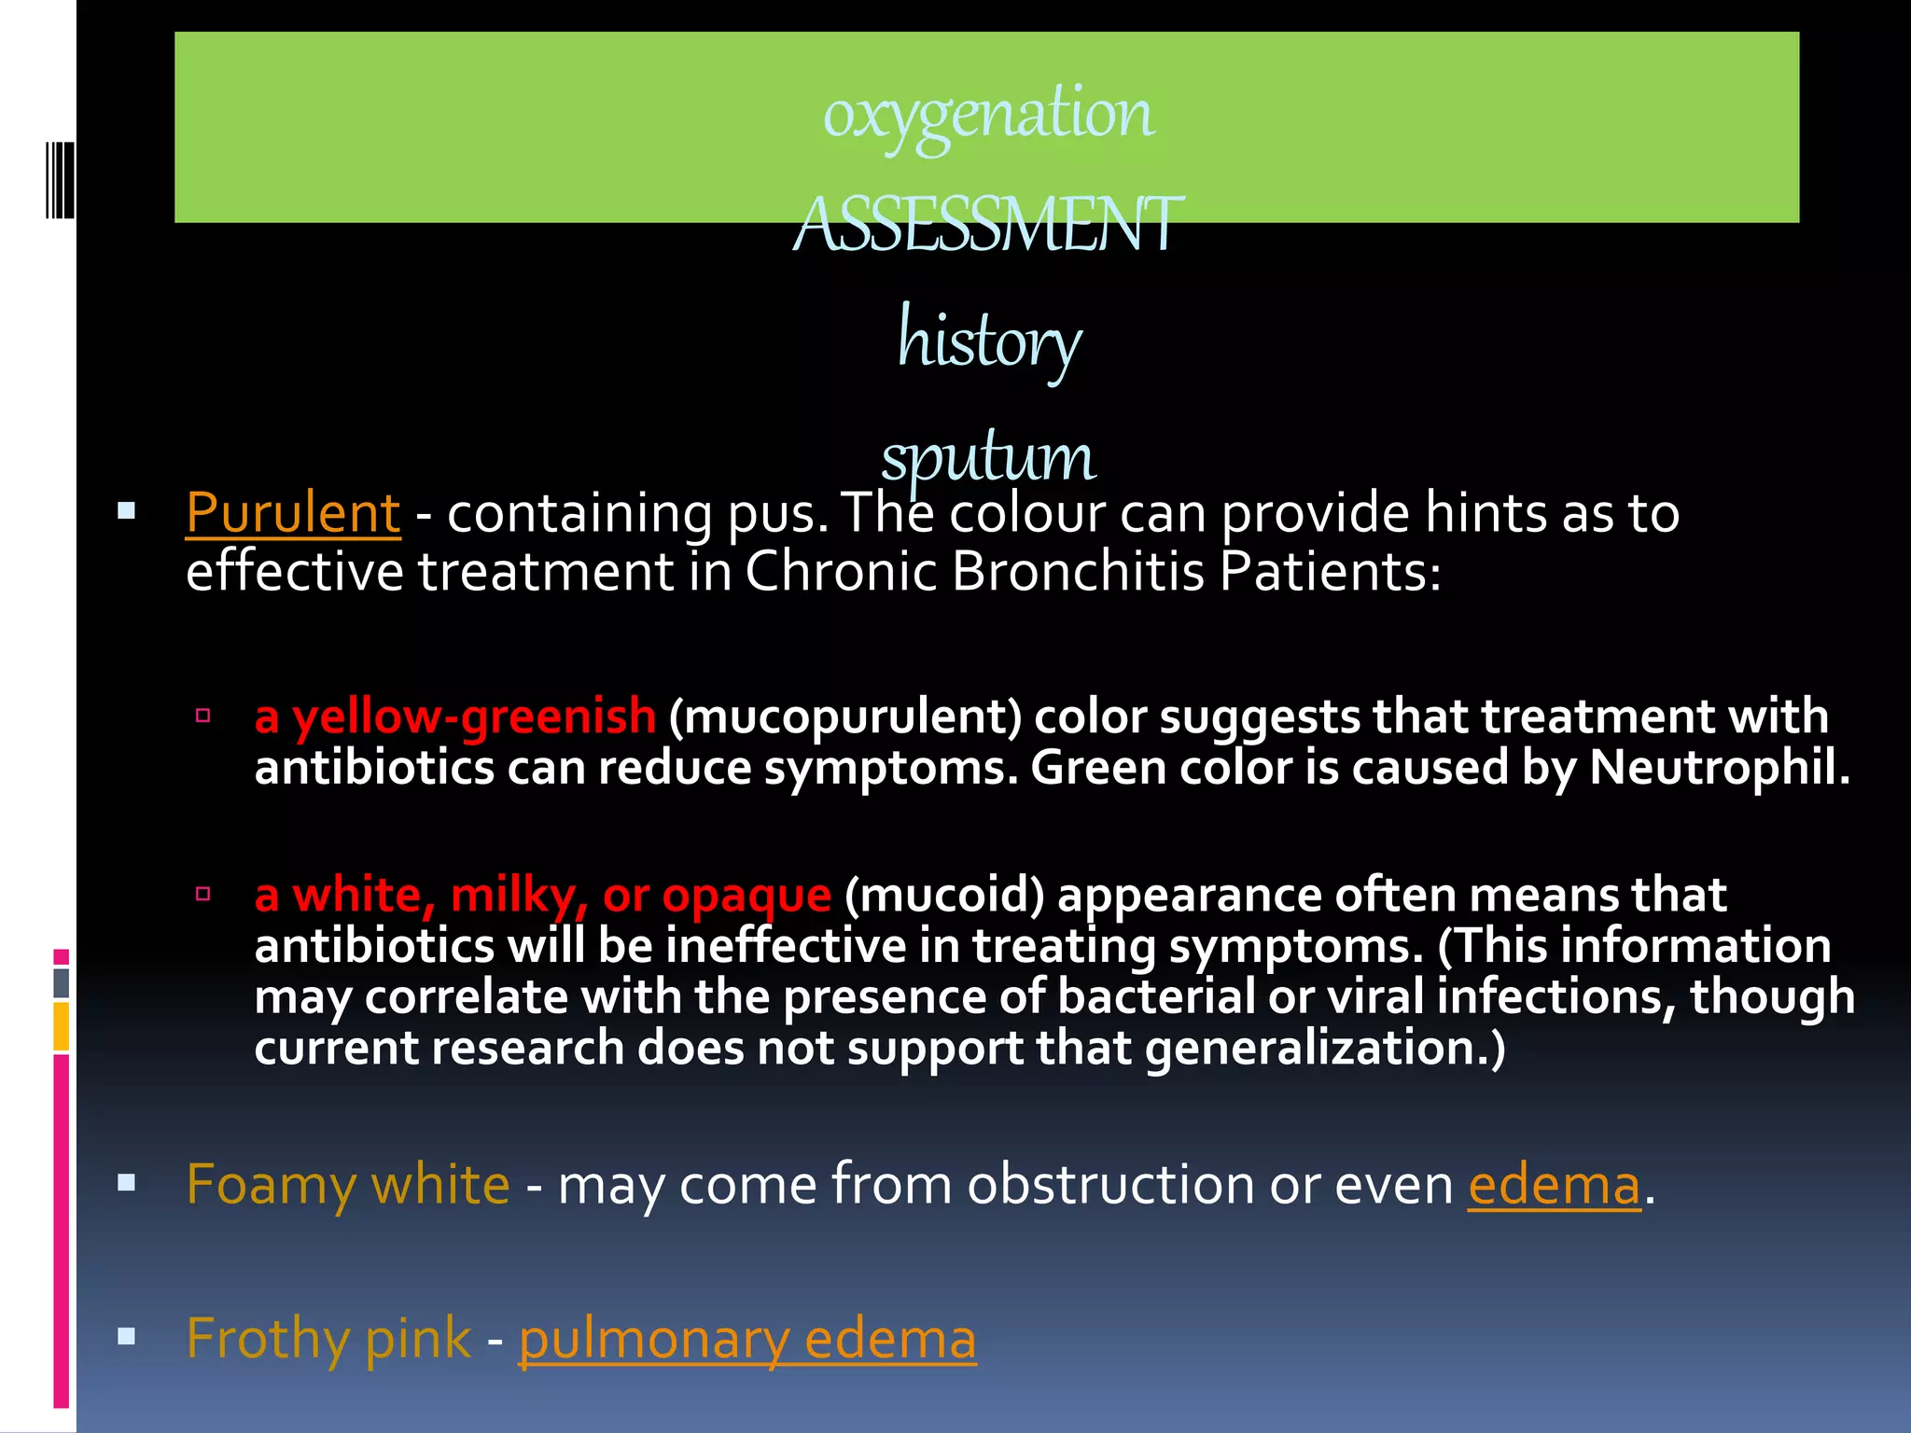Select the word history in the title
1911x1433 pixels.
pyautogui.click(x=988, y=341)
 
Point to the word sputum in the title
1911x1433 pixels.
pyautogui.click(x=988, y=457)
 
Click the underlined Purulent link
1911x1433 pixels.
pyautogui.click(x=293, y=513)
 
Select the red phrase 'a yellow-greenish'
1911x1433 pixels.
pyautogui.click(x=455, y=716)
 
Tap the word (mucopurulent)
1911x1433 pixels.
pyautogui.click(x=845, y=716)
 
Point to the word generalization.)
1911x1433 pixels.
pyautogui.click(x=1325, y=1049)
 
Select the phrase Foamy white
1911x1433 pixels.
pyautogui.click(x=348, y=1185)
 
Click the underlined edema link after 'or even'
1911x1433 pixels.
pyautogui.click(x=1554, y=1185)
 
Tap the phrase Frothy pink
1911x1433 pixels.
pyautogui.click(x=328, y=1339)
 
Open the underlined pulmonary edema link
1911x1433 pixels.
pyautogui.click(x=747, y=1339)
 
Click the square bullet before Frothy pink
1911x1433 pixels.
pyautogui.click(x=127, y=1337)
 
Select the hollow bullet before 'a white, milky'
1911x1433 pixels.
pyautogui.click(x=202, y=894)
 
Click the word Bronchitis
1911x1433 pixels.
pyautogui.click(x=1078, y=571)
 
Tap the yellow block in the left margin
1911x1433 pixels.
pyautogui.click(x=62, y=1026)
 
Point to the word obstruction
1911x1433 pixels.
pyautogui.click(x=1110, y=1185)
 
